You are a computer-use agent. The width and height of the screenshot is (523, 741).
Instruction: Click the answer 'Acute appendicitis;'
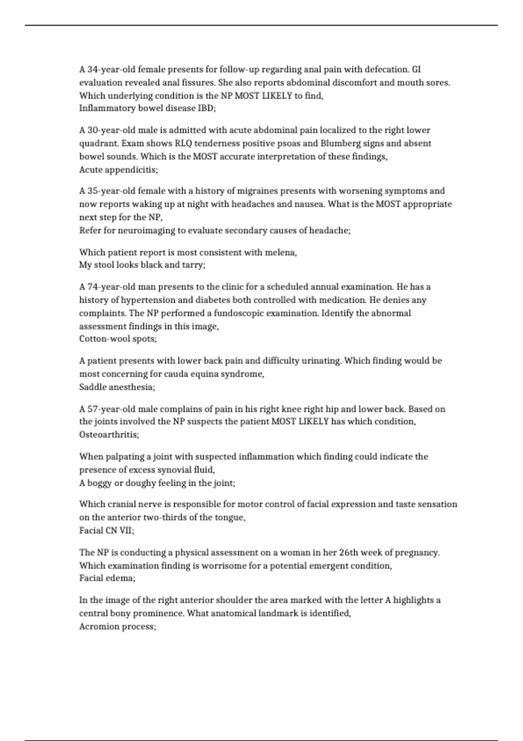pos(118,170)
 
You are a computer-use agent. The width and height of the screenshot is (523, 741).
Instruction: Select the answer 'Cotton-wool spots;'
pos(118,339)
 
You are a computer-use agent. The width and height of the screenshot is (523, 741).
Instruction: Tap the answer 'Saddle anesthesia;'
pos(117,387)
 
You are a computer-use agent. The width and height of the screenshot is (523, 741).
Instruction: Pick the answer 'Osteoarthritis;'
pos(109,435)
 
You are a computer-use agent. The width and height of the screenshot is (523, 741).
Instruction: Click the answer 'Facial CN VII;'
pos(106,530)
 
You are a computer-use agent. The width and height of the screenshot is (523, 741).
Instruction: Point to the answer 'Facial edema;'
pos(107,578)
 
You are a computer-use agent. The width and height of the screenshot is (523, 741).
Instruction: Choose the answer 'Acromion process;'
pos(117,626)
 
